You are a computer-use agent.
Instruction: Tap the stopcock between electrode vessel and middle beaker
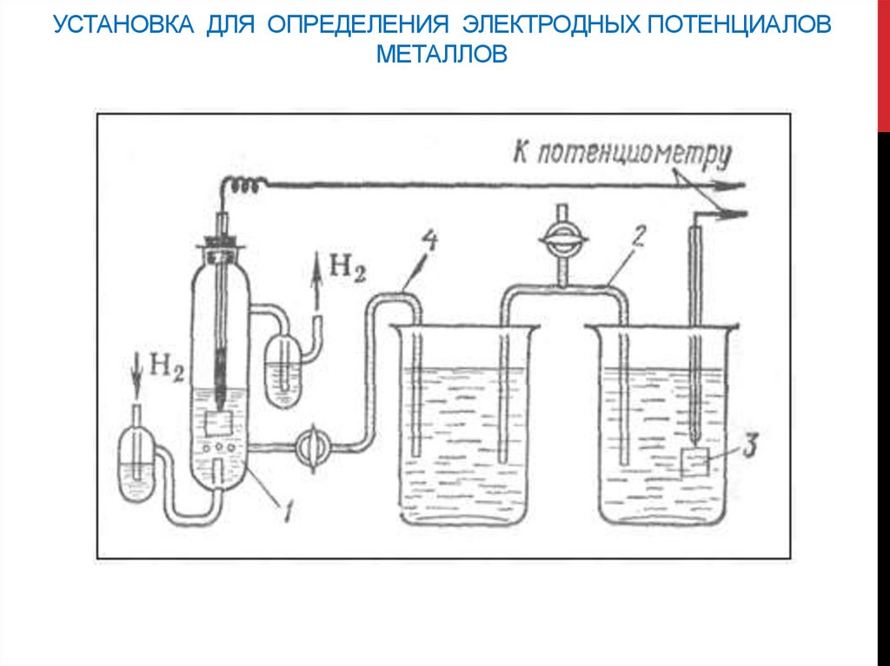tap(312, 447)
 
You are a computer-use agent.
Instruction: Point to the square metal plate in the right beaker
tap(694, 464)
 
